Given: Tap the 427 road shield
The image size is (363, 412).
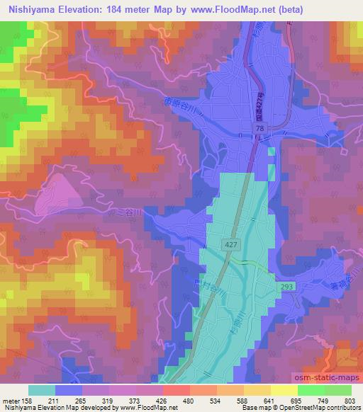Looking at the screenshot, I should pos(235,244).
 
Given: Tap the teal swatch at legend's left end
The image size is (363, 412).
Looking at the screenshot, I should pos(42,390).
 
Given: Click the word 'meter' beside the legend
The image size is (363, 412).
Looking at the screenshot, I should pos(11,401).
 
